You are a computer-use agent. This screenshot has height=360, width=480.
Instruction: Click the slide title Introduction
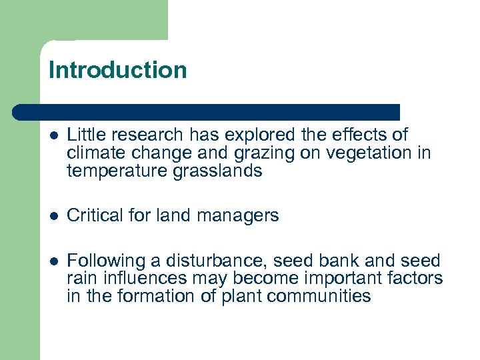(x=117, y=70)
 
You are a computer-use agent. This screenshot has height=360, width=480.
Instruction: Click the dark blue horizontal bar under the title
(x=207, y=111)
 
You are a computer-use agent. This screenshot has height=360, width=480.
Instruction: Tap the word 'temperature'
(x=118, y=171)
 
